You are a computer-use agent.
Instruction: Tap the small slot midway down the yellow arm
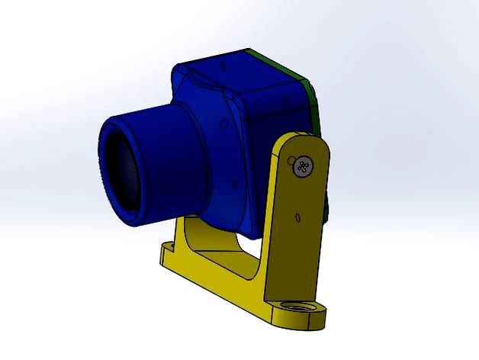[x=296, y=219]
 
